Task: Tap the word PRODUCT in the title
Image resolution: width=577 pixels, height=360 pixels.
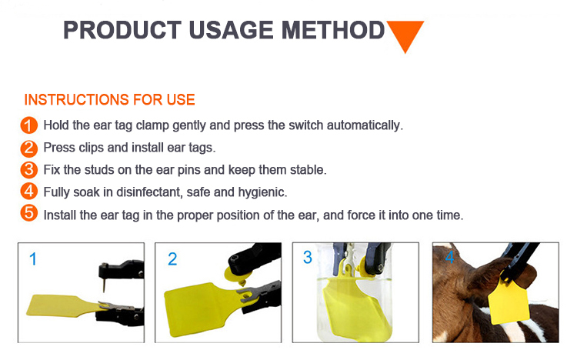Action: point(122,30)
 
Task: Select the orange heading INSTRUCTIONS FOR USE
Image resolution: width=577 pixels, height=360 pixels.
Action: point(109,100)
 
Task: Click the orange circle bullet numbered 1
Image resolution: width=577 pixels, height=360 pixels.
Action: point(29,125)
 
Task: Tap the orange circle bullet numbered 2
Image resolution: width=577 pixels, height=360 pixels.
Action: point(29,148)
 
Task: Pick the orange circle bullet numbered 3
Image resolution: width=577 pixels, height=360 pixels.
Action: point(29,170)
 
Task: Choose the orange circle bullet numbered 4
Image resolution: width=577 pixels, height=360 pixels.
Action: point(29,192)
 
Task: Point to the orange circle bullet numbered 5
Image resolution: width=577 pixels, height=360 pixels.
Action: point(29,213)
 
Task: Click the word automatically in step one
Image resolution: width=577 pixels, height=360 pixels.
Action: point(365,125)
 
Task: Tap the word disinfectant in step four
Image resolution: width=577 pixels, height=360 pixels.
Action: point(148,192)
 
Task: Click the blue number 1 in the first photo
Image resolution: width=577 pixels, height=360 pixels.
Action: point(33,258)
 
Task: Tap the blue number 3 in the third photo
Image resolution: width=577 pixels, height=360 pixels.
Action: point(308,257)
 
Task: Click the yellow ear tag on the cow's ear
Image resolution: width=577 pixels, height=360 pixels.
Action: point(509,299)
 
